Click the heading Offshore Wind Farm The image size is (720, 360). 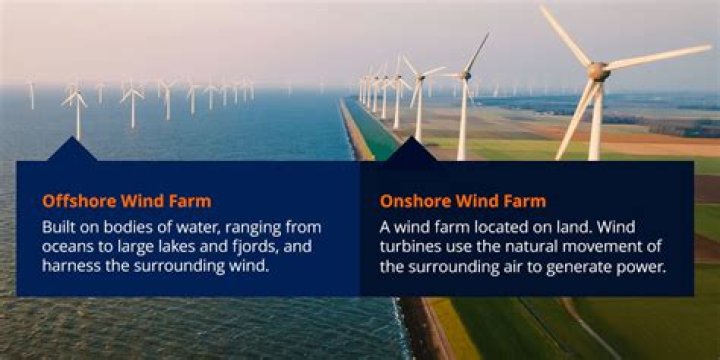click(126, 200)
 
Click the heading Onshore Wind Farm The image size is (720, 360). click(462, 200)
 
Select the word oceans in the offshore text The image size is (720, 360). click(67, 246)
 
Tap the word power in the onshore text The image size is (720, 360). click(644, 267)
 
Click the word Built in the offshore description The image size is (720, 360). click(59, 226)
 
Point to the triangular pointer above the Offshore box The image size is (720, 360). click(72, 150)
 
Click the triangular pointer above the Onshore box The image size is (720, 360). click(412, 150)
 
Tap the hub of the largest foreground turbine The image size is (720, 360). click(598, 71)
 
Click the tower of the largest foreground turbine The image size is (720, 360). click(596, 125)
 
